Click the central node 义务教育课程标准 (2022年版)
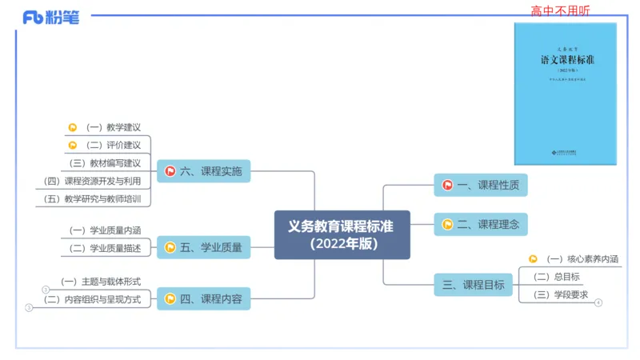pyautogui.click(x=342, y=234)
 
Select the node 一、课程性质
pyautogui.click(x=481, y=185)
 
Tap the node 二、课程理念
pyautogui.click(x=481, y=225)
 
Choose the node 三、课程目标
pyautogui.click(x=474, y=285)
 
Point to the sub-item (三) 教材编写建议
pyautogui.click(x=105, y=163)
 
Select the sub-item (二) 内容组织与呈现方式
pyautogui.click(x=92, y=300)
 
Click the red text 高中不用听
pyautogui.click(x=561, y=10)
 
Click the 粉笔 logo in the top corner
pyautogui.click(x=51, y=17)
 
